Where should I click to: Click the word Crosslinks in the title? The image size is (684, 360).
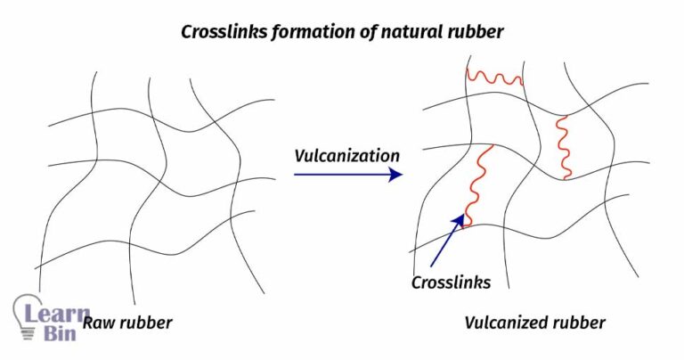220,31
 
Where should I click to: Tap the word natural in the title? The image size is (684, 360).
399,31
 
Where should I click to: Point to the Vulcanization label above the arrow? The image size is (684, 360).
346,155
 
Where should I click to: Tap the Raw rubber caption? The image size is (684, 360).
127,323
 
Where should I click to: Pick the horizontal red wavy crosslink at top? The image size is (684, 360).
494,78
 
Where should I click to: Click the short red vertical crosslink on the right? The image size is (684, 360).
563,147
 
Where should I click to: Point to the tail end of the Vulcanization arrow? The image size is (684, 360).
296,175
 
